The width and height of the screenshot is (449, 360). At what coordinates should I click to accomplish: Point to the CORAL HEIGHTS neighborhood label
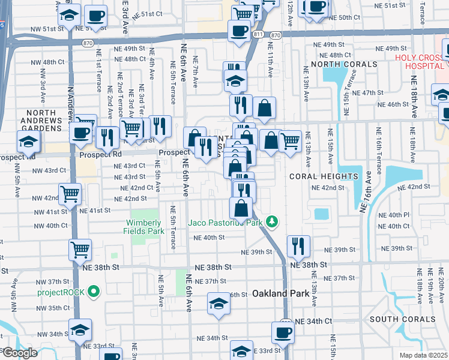pyautogui.click(x=324, y=176)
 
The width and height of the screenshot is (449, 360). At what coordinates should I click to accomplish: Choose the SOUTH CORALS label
pyautogui.click(x=402, y=319)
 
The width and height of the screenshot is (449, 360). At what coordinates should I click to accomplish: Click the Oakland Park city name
pyautogui.click(x=280, y=293)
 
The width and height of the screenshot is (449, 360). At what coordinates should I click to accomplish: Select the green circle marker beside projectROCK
pyautogui.click(x=93, y=292)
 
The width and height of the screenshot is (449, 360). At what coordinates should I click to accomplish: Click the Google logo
pyautogui.click(x=19, y=353)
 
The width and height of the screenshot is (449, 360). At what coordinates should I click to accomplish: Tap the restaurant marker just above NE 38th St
pyautogui.click(x=298, y=245)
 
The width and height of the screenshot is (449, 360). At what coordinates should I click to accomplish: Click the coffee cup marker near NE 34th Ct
pyautogui.click(x=283, y=332)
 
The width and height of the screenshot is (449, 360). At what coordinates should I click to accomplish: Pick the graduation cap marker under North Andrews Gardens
pyautogui.click(x=28, y=142)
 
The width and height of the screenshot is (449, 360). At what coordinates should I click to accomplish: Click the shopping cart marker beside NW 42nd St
pyautogui.click(x=70, y=194)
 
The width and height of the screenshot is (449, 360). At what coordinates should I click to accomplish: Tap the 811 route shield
pyautogui.click(x=258, y=36)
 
